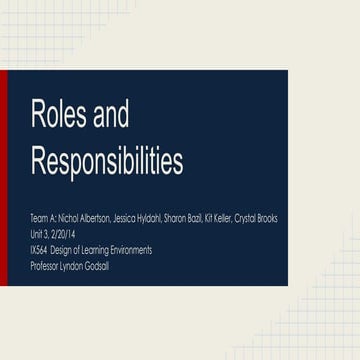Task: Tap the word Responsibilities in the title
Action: (107, 161)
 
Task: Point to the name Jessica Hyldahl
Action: (143, 217)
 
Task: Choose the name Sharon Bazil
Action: (187, 217)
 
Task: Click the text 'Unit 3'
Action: (40, 233)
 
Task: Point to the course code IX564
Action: (42, 249)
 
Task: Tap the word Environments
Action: (131, 249)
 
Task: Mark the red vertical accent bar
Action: (4, 178)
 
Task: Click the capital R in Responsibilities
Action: (39, 161)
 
